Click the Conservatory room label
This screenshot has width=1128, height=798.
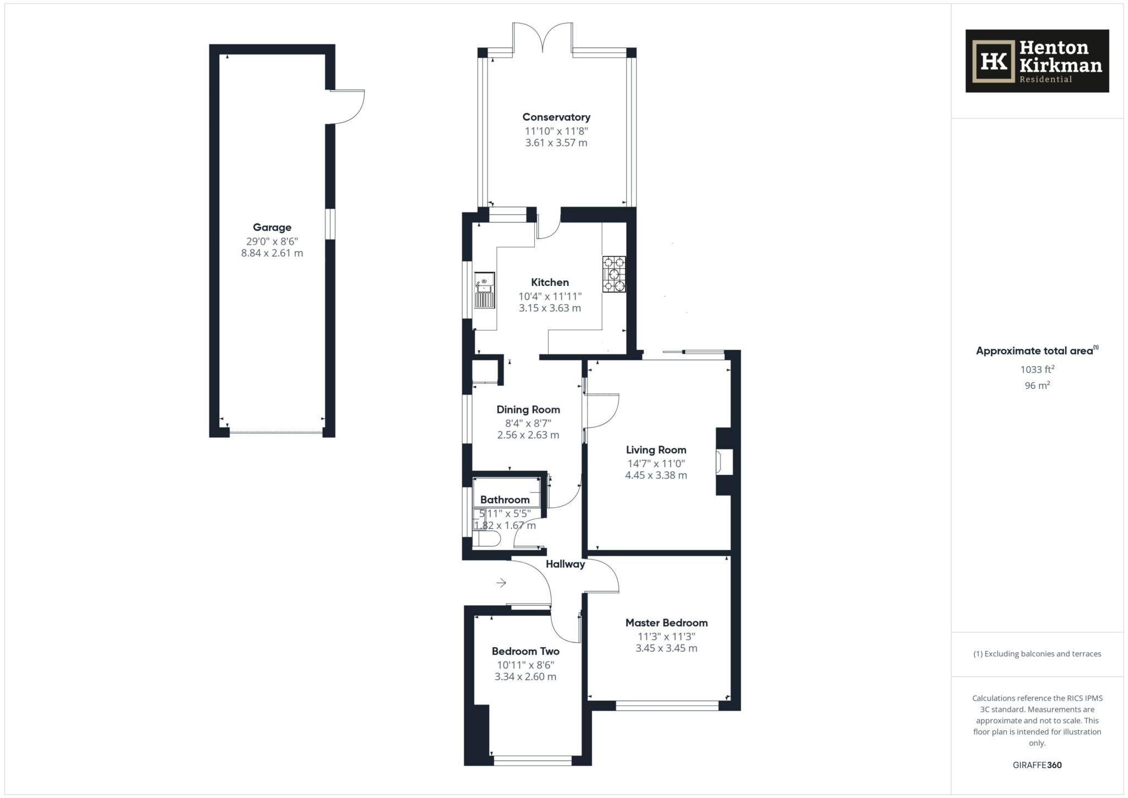[556, 117]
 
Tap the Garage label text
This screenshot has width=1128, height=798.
[272, 227]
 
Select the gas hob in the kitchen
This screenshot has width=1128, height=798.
[614, 274]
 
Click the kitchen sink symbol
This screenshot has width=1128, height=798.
[485, 290]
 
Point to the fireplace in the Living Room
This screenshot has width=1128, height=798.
[723, 462]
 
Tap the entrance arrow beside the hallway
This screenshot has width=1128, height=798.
[501, 582]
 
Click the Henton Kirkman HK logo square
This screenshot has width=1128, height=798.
[993, 62]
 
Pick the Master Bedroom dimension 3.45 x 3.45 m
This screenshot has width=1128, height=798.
[666, 648]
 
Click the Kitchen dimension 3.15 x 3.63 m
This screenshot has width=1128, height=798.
[550, 308]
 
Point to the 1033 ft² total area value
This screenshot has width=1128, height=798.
[1037, 370]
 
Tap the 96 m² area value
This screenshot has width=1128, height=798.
[1037, 386]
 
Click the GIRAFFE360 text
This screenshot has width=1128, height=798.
[1037, 765]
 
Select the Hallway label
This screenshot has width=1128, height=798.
[565, 564]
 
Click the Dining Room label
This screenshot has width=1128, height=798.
[528, 409]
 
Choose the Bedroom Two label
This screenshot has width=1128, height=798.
[525, 651]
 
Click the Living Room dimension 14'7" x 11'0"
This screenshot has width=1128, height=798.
[656, 464]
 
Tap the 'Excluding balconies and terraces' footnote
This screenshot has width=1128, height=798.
[1037, 654]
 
